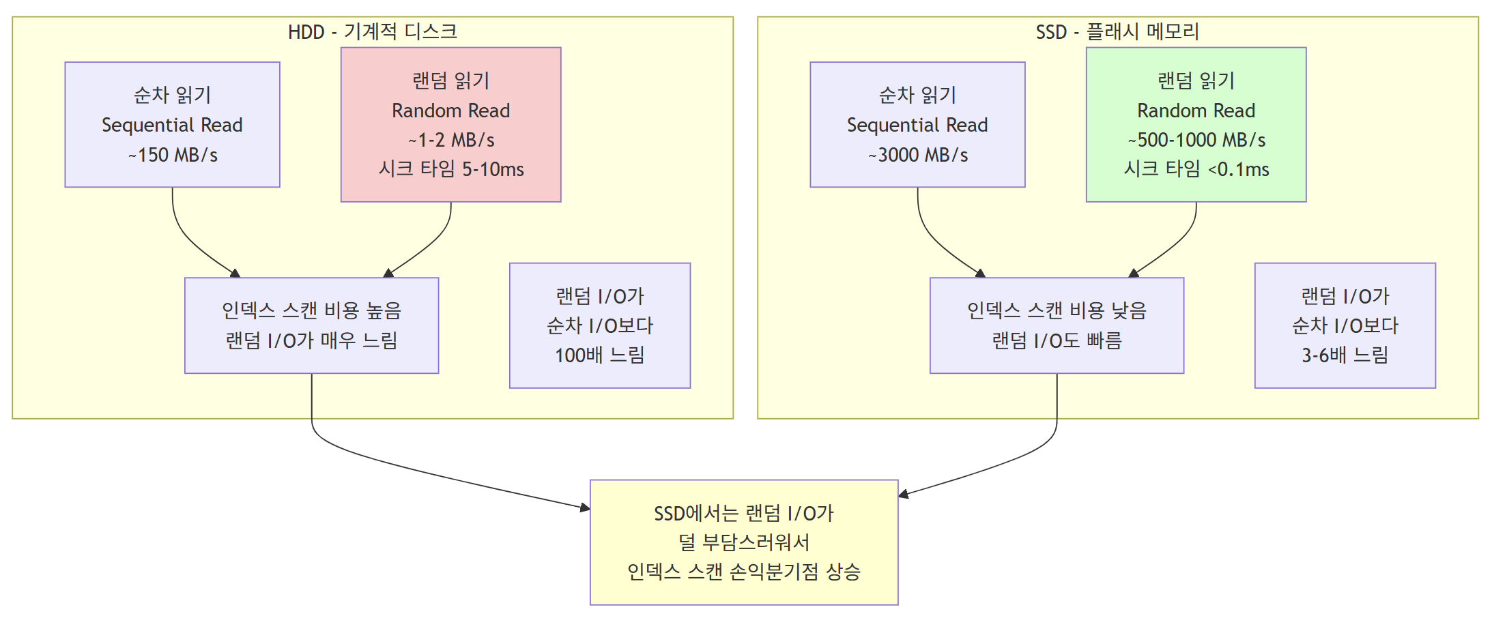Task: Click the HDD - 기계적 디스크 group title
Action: click(x=372, y=31)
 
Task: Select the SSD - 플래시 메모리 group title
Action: click(x=1117, y=31)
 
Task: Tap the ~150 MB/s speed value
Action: click(x=173, y=156)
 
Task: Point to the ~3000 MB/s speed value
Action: click(x=918, y=156)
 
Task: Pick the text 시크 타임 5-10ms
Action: click(x=451, y=169)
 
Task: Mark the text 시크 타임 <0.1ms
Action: click(x=1196, y=169)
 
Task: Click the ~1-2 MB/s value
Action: click(x=451, y=140)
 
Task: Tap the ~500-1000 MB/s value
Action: click(x=1196, y=140)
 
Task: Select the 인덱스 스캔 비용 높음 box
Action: click(x=311, y=325)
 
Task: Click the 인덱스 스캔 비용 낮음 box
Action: click(x=1057, y=325)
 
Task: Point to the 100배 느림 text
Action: click(x=600, y=355)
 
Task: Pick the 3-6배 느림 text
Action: click(x=1345, y=355)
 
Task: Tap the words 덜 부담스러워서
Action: click(x=744, y=543)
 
